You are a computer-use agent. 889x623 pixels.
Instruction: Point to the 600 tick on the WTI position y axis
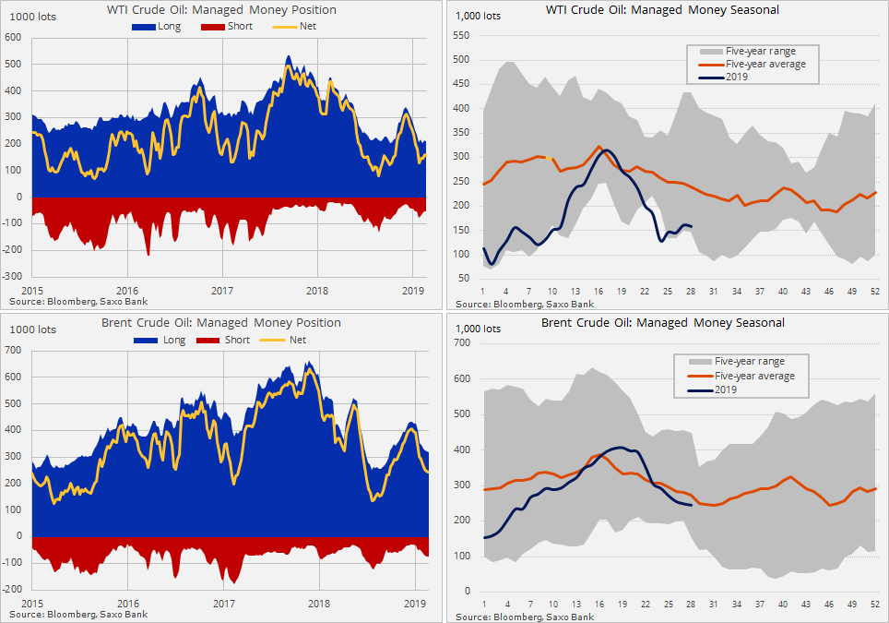[13, 38]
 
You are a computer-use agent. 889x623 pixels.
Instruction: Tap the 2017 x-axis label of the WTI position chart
[223, 291]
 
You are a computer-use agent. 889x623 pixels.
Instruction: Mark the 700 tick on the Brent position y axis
[13, 350]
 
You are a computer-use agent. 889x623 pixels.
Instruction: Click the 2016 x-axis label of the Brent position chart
[127, 603]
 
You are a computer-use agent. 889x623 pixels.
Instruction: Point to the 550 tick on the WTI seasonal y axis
[462, 35]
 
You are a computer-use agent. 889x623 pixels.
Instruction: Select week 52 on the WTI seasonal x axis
[873, 292]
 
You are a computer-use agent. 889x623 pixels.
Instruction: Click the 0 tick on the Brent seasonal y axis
[468, 591]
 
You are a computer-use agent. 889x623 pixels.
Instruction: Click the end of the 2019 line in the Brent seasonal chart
[692, 505]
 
